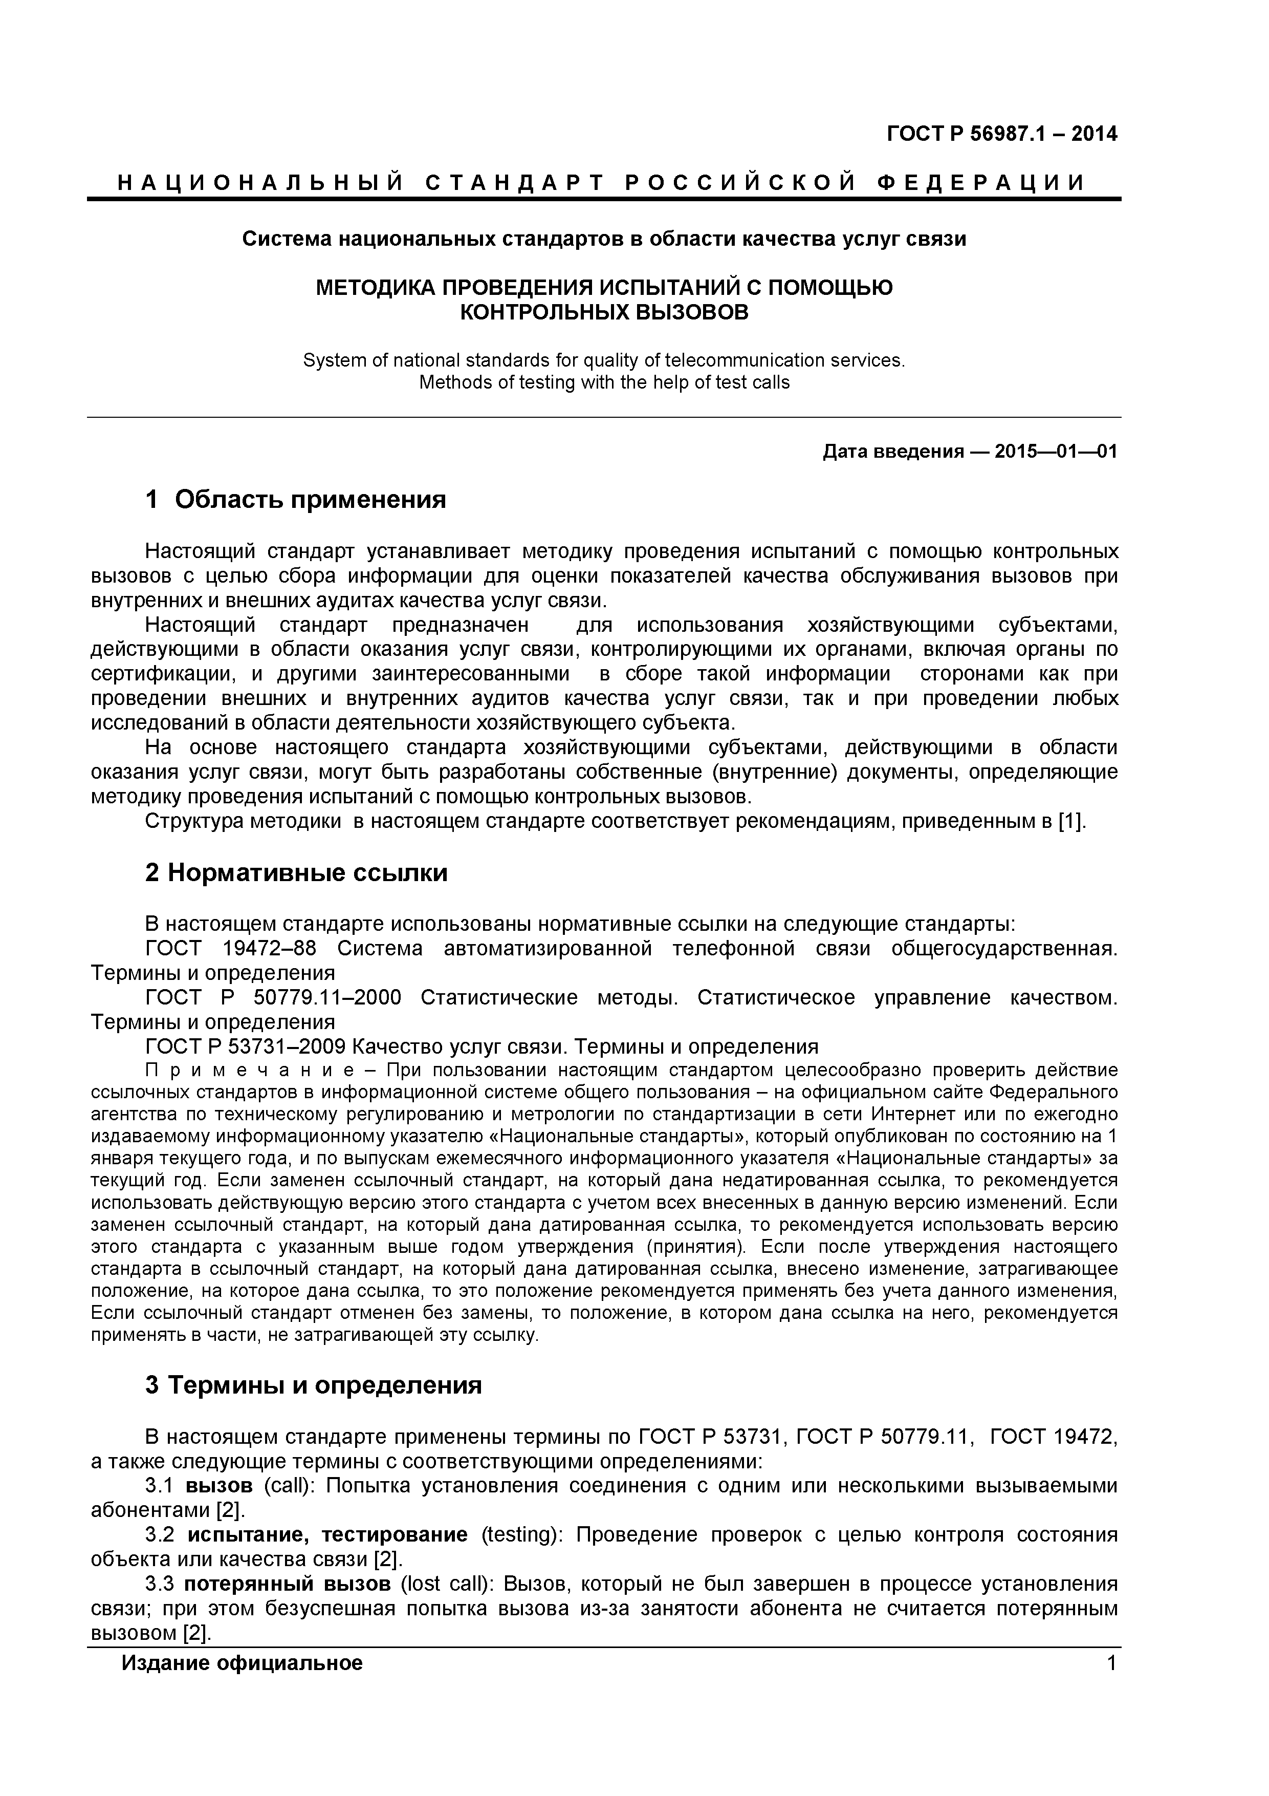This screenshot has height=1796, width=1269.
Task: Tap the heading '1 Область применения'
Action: [296, 499]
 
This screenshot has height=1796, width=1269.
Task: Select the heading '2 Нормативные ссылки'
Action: [296, 872]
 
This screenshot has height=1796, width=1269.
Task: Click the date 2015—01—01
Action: [1056, 452]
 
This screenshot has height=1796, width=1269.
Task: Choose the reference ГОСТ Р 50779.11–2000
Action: [274, 998]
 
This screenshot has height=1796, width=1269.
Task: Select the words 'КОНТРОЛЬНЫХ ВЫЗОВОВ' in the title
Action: [604, 313]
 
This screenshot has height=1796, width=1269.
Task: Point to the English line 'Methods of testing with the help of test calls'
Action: [604, 382]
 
